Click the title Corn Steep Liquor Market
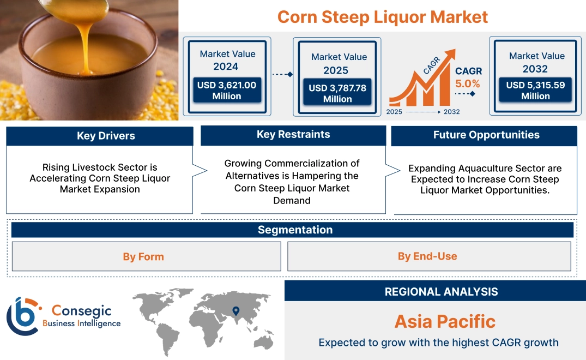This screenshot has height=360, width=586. [x=382, y=16]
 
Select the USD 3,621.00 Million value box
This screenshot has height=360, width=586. [x=226, y=91]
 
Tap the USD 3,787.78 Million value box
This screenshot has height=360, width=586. [x=337, y=93]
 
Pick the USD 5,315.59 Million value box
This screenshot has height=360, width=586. [x=535, y=91]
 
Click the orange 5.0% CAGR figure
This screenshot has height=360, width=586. [x=468, y=83]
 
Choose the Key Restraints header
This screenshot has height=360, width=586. [x=293, y=135]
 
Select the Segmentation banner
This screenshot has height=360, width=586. [x=295, y=230]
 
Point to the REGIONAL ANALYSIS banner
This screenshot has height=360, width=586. [x=441, y=292]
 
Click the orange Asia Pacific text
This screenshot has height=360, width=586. [x=445, y=321]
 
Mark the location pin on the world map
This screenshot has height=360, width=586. [x=235, y=311]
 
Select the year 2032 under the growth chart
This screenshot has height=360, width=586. [x=451, y=112]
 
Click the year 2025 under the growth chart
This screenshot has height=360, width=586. [x=395, y=112]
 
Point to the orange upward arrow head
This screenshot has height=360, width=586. [x=450, y=55]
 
